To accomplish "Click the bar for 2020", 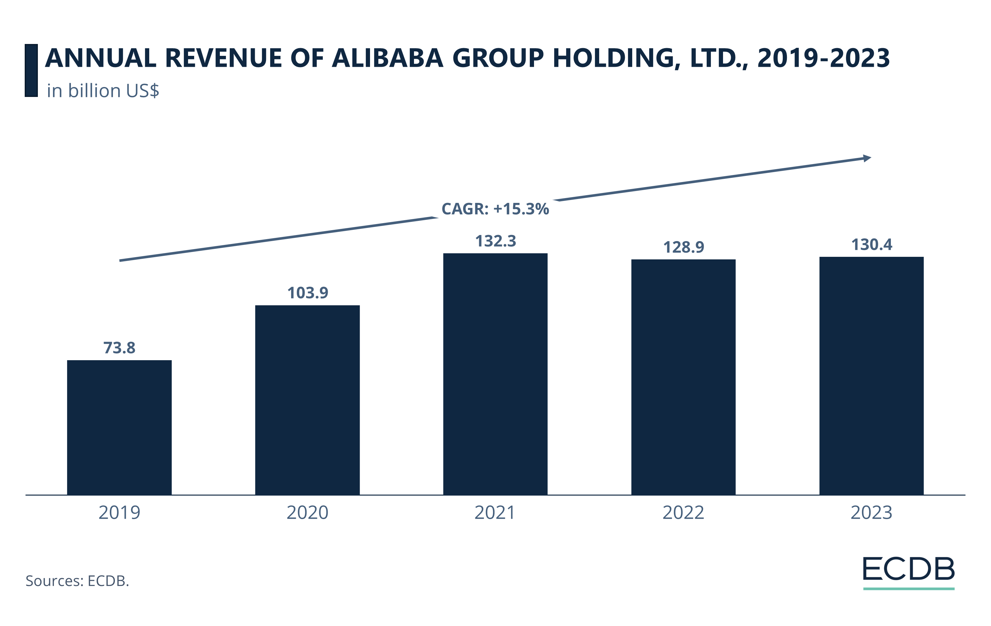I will coord(307,400).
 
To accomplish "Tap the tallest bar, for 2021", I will coord(495,374).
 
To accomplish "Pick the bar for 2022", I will coord(683,377).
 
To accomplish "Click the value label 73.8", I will coord(119,348).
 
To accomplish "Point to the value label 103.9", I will coord(307,293).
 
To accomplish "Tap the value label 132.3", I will coord(495,241).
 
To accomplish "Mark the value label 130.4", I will coord(872,245).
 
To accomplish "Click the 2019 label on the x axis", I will coord(119,513).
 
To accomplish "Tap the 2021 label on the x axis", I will coord(495,513).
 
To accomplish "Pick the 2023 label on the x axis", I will coord(871,513).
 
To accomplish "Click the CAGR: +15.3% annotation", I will coord(495,209).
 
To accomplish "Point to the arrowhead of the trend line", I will coord(867,158).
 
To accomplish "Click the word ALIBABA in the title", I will coord(388,58).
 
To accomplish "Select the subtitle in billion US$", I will coord(103,91).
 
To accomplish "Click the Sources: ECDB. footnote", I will coord(77,581).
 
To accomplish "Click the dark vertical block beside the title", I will coord(31,70).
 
